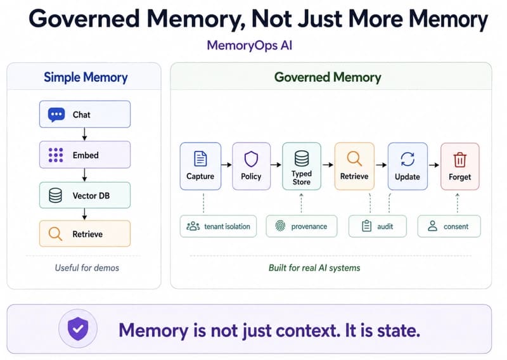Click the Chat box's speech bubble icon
[56, 115]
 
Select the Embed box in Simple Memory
[85, 155]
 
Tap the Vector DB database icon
[55, 195]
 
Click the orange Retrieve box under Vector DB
[85, 233]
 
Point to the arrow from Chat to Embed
[84, 134]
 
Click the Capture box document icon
[200, 158]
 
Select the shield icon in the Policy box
[251, 159]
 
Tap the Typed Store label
[302, 177]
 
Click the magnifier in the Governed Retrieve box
[354, 159]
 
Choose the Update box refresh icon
[408, 159]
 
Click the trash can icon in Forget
[460, 160]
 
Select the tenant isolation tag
[218, 226]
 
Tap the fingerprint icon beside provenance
[280, 226]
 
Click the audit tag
[377, 226]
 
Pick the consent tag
[449, 226]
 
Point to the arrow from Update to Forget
[434, 165]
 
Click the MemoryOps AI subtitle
[250, 45]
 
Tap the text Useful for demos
[87, 268]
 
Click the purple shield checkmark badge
[78, 328]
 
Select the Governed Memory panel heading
[328, 77]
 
